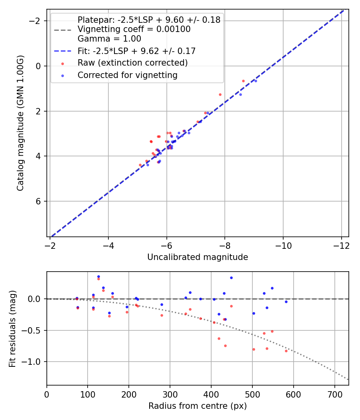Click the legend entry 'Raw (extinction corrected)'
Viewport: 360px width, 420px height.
coord(132,63)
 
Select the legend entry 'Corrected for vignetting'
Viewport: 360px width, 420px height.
coord(127,75)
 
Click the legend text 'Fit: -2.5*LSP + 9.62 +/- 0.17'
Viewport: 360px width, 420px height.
coord(136,51)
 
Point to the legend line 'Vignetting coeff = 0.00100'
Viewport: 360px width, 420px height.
coord(134,29)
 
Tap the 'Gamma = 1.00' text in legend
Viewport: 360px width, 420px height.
coord(109,39)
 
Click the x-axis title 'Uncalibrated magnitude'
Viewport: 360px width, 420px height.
coord(198,257)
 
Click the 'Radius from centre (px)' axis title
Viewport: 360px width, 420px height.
coord(198,406)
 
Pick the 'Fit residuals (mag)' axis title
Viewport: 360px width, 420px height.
coord(12,328)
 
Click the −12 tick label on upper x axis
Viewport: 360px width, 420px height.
coord(341,244)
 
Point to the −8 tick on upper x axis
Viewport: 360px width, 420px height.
coord(225,244)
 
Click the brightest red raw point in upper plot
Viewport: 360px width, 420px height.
coord(243,81)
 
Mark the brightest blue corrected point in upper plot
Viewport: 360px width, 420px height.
coord(256,81)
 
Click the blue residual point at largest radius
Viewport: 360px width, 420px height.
coord(286,302)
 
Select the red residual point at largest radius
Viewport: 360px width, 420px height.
coord(286,350)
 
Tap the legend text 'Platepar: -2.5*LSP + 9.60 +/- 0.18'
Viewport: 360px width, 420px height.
coord(149,20)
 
